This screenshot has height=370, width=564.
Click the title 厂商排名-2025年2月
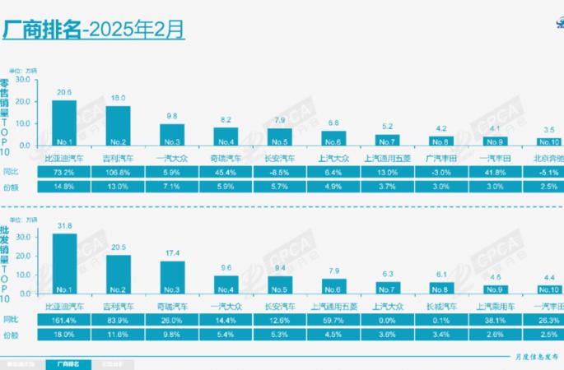[x=94, y=30]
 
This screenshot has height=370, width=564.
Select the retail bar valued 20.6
[x=63, y=123]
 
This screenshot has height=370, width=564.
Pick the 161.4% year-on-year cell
[x=63, y=319]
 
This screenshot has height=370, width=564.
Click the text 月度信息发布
[x=529, y=355]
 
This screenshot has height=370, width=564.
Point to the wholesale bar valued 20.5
[x=118, y=274]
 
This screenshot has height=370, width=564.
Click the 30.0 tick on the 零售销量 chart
[x=22, y=80]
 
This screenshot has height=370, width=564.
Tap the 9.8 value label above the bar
[x=172, y=116]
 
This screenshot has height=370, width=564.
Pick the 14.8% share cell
[x=63, y=187]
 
